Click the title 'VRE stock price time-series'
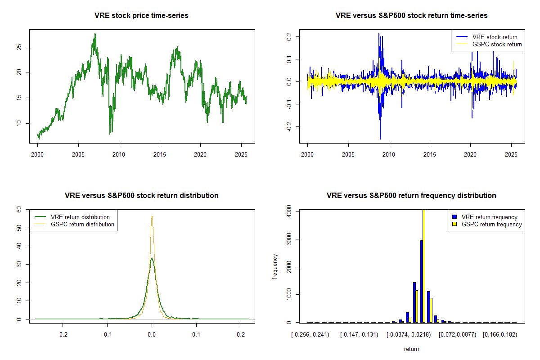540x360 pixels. pos(141,16)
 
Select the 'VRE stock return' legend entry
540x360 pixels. pos(495,37)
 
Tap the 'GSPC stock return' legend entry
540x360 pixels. pos(497,44)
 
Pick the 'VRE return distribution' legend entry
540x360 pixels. pos(80,217)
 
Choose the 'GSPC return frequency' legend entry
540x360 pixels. pos(492,224)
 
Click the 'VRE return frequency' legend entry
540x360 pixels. pos(490,217)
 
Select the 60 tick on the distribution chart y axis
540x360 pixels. pos(19,209)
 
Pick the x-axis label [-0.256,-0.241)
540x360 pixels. pos(310,335)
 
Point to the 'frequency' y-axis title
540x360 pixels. pos(275,267)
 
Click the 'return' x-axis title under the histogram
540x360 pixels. pos(411,349)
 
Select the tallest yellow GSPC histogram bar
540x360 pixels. pos(423,265)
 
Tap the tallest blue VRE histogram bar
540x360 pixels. pos(421,281)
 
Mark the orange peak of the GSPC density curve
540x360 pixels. pos(152,216)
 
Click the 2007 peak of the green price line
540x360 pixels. pos(95,34)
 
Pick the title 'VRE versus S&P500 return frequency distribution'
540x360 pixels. pos(411,196)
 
